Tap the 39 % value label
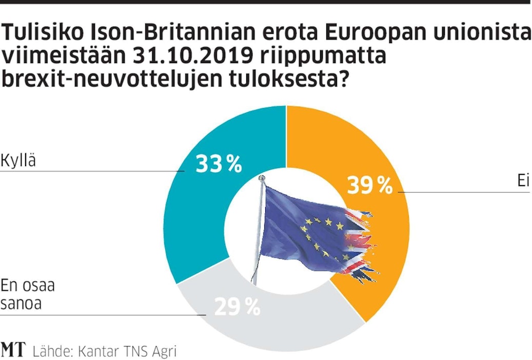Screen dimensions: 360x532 [x=370, y=185]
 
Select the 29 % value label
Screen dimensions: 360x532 [x=237, y=307]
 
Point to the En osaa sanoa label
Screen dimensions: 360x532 [x=28, y=294]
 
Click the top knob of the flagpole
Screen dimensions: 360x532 [x=263, y=177]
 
